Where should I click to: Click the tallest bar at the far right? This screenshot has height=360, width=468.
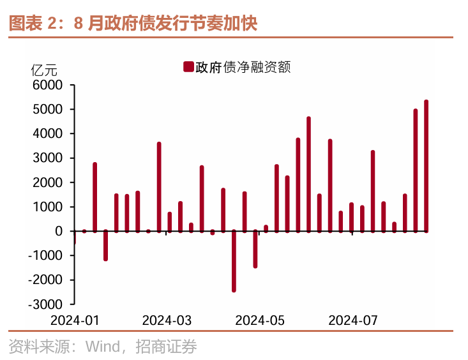[426, 166]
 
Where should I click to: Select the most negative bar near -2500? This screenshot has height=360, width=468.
[234, 261]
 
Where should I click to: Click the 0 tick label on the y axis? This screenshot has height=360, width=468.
[59, 231]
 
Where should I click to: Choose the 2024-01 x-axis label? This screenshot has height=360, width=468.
[75, 319]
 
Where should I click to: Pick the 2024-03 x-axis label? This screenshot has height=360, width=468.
[167, 319]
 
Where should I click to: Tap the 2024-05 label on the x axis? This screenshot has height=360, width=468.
[259, 319]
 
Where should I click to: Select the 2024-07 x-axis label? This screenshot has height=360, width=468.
[352, 319]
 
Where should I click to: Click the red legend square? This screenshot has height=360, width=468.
[188, 67]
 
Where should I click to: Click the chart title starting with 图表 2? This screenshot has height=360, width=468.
[132, 24]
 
